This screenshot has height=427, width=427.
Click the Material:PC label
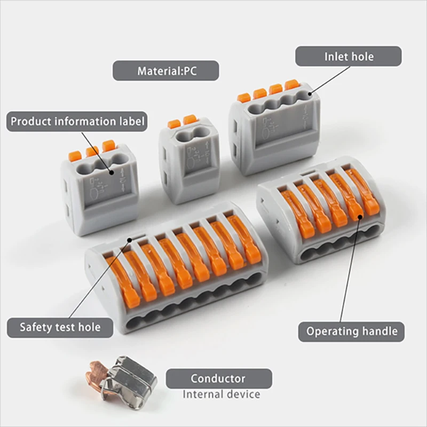tap(165, 70)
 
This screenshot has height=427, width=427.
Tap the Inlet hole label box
tap(348, 56)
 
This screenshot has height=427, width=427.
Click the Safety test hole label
tap(60, 327)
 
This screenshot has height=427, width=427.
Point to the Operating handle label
tap(351, 331)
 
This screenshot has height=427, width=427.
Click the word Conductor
tap(218, 378)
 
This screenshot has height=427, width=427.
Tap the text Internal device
tap(222, 394)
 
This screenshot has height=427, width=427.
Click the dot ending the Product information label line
tap(111, 171)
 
